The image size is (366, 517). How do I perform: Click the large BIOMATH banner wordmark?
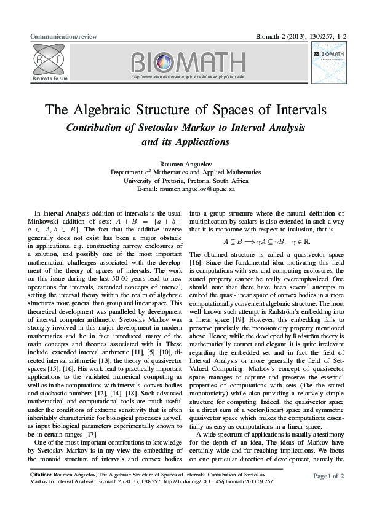pyautogui.click(x=188, y=64)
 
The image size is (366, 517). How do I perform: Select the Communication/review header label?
pyautogui.click(x=64, y=37)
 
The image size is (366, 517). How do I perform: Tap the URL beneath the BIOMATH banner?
pyautogui.click(x=188, y=77)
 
